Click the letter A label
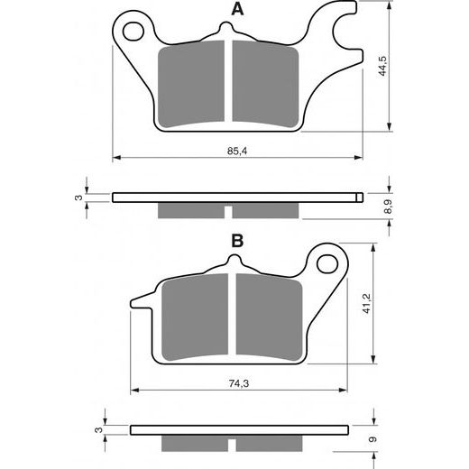tap(237, 9)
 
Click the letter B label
tap(237, 241)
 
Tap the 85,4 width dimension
tap(237, 151)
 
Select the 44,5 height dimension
tap(382, 66)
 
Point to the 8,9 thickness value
tap(389, 207)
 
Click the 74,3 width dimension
tap(239, 383)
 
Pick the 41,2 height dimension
tap(366, 304)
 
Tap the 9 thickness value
tap(372, 439)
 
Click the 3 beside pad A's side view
tap(78, 198)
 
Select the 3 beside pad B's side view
tap(98, 430)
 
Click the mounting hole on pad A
tap(133, 32)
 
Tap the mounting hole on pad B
tap(327, 263)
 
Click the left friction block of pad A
tap(191, 84)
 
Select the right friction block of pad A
tap(266, 84)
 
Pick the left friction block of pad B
tap(195, 317)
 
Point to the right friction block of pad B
tap(270, 317)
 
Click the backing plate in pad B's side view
tap(239, 430)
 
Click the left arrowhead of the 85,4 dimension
tap(116, 157)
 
